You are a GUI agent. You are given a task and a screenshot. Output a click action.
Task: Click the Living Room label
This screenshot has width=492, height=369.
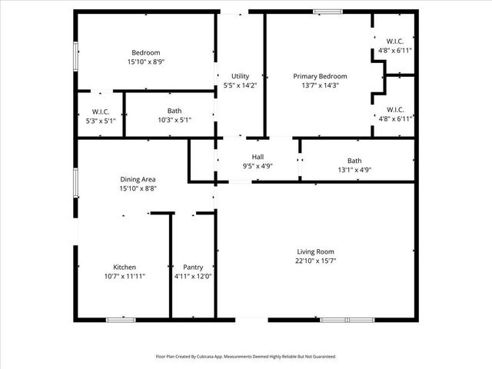point(316,251)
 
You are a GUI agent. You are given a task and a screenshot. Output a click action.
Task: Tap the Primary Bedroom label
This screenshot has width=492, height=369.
point(321,76)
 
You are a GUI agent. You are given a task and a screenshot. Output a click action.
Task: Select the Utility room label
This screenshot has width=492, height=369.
point(240,76)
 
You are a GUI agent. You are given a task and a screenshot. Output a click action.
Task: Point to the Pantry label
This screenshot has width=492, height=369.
point(193,267)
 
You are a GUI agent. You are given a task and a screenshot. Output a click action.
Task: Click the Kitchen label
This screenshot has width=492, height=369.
point(125,267)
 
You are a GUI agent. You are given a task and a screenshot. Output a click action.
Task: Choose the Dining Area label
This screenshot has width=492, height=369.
point(138,178)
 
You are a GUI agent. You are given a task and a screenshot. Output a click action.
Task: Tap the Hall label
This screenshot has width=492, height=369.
point(247,156)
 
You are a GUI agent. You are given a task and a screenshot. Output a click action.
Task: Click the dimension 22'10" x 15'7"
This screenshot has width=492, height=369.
point(316,261)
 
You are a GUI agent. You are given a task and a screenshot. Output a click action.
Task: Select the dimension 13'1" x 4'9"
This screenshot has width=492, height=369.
point(354,170)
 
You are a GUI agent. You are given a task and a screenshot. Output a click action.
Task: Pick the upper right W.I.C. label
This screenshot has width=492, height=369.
point(396,42)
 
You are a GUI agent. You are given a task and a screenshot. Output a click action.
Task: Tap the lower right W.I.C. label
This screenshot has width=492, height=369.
point(396,109)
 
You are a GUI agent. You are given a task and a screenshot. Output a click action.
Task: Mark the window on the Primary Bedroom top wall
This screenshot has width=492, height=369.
point(328,11)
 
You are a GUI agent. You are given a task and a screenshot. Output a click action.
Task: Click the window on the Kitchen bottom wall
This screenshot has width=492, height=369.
point(121,319)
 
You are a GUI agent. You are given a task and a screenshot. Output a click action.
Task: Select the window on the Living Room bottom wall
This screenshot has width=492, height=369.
point(347,319)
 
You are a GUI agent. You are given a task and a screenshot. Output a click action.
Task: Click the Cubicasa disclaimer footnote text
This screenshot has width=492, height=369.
point(246,357)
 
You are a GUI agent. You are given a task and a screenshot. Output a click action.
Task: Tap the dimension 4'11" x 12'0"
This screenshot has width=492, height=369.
point(193,276)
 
